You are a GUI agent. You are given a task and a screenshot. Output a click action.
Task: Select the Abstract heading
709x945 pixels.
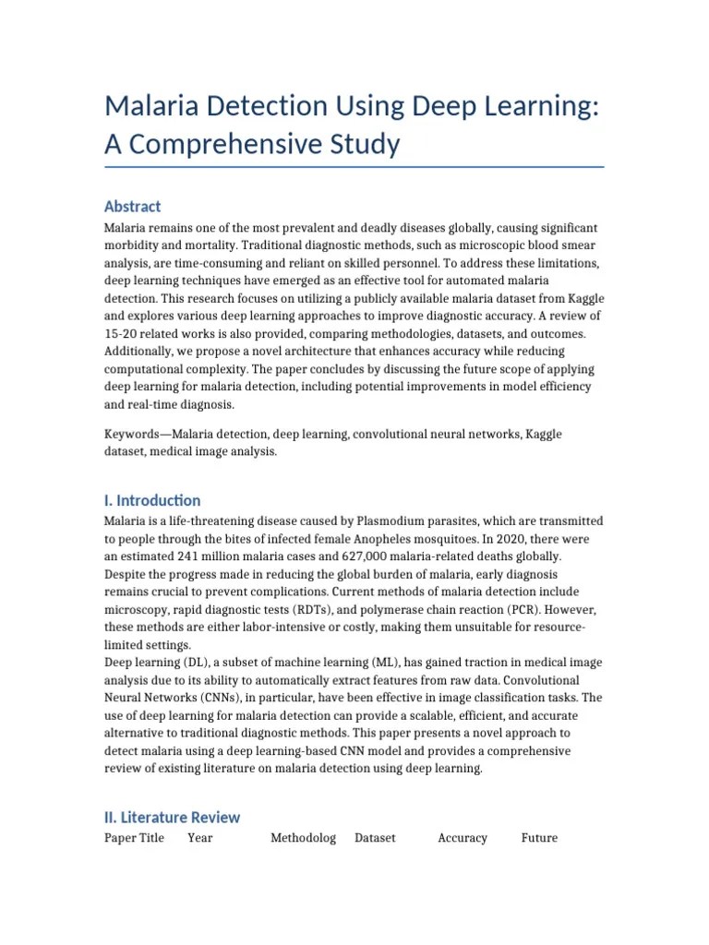point(133,206)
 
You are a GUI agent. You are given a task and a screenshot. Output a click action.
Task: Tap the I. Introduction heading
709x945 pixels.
point(152,500)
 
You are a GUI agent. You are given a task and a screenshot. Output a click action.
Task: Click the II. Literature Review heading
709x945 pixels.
point(173,817)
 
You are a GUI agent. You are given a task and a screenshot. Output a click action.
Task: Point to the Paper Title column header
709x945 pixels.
point(135,838)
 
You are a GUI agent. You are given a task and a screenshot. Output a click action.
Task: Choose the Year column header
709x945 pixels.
point(200,838)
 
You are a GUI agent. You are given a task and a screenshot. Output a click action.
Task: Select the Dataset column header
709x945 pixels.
point(375,838)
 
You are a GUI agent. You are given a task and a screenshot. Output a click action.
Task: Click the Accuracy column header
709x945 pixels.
point(463,838)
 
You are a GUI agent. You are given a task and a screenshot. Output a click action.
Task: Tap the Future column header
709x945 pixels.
point(539,838)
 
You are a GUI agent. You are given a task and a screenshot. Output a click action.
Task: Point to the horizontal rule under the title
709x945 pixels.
point(354,167)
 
